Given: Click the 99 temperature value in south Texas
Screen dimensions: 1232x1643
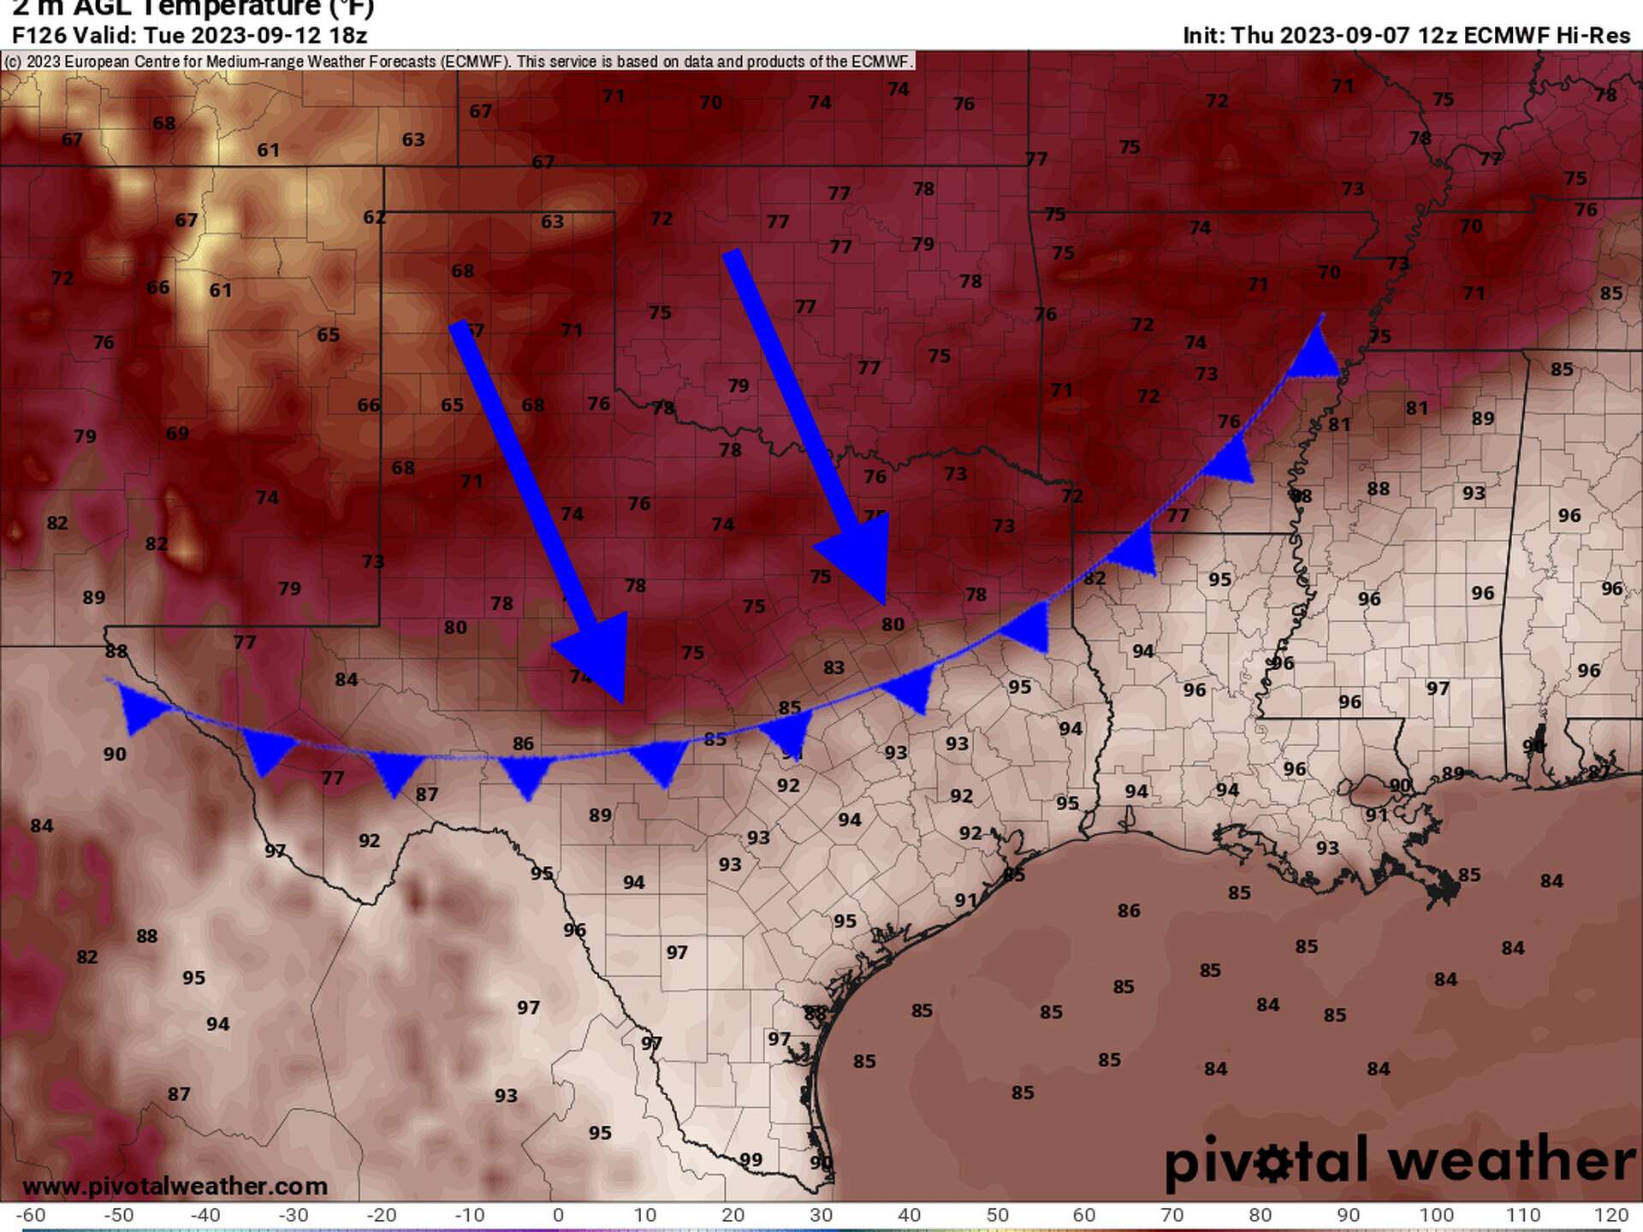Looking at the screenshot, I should click(x=750, y=1160).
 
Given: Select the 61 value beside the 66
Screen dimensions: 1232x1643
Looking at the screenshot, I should click(x=220, y=290).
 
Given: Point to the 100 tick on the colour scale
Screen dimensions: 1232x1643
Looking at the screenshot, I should click(x=1436, y=1215).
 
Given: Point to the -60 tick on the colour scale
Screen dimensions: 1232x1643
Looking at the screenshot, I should click(x=31, y=1215).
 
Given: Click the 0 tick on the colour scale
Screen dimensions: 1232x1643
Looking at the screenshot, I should click(x=558, y=1215).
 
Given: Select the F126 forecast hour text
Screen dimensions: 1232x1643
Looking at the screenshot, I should click(x=39, y=35).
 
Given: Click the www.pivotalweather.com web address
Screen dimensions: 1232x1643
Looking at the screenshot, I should click(x=175, y=1186).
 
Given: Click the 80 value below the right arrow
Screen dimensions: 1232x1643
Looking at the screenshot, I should click(x=893, y=625).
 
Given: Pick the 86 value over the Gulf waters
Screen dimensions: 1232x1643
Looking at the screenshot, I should click(x=1128, y=911).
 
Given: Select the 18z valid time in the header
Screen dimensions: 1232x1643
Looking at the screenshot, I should click(x=349, y=35).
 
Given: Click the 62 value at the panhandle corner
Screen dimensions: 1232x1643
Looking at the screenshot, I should click(x=374, y=217).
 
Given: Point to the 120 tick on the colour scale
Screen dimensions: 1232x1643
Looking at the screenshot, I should click(x=1611, y=1215).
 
